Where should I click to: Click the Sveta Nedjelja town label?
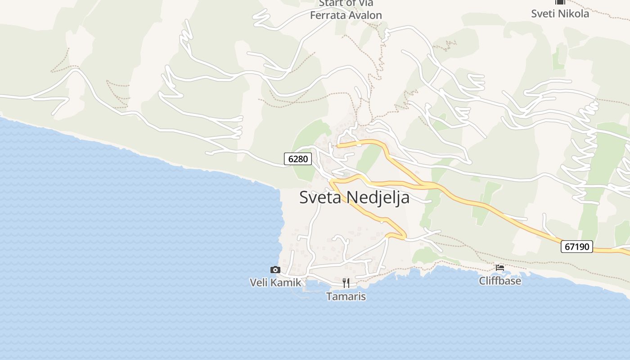tap(354, 198)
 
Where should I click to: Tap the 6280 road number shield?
tap(298, 159)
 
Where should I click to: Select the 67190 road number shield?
tap(576, 247)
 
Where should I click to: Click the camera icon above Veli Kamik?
tap(275, 270)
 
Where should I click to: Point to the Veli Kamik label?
tap(275, 282)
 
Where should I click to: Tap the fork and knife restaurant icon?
tap(346, 283)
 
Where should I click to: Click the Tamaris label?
tap(346, 297)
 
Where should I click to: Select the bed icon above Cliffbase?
tap(499, 267)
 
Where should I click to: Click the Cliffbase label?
tap(500, 281)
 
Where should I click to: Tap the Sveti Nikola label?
tap(560, 13)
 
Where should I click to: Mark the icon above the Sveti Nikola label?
tap(560, 2)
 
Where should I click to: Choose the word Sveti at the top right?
tap(543, 13)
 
